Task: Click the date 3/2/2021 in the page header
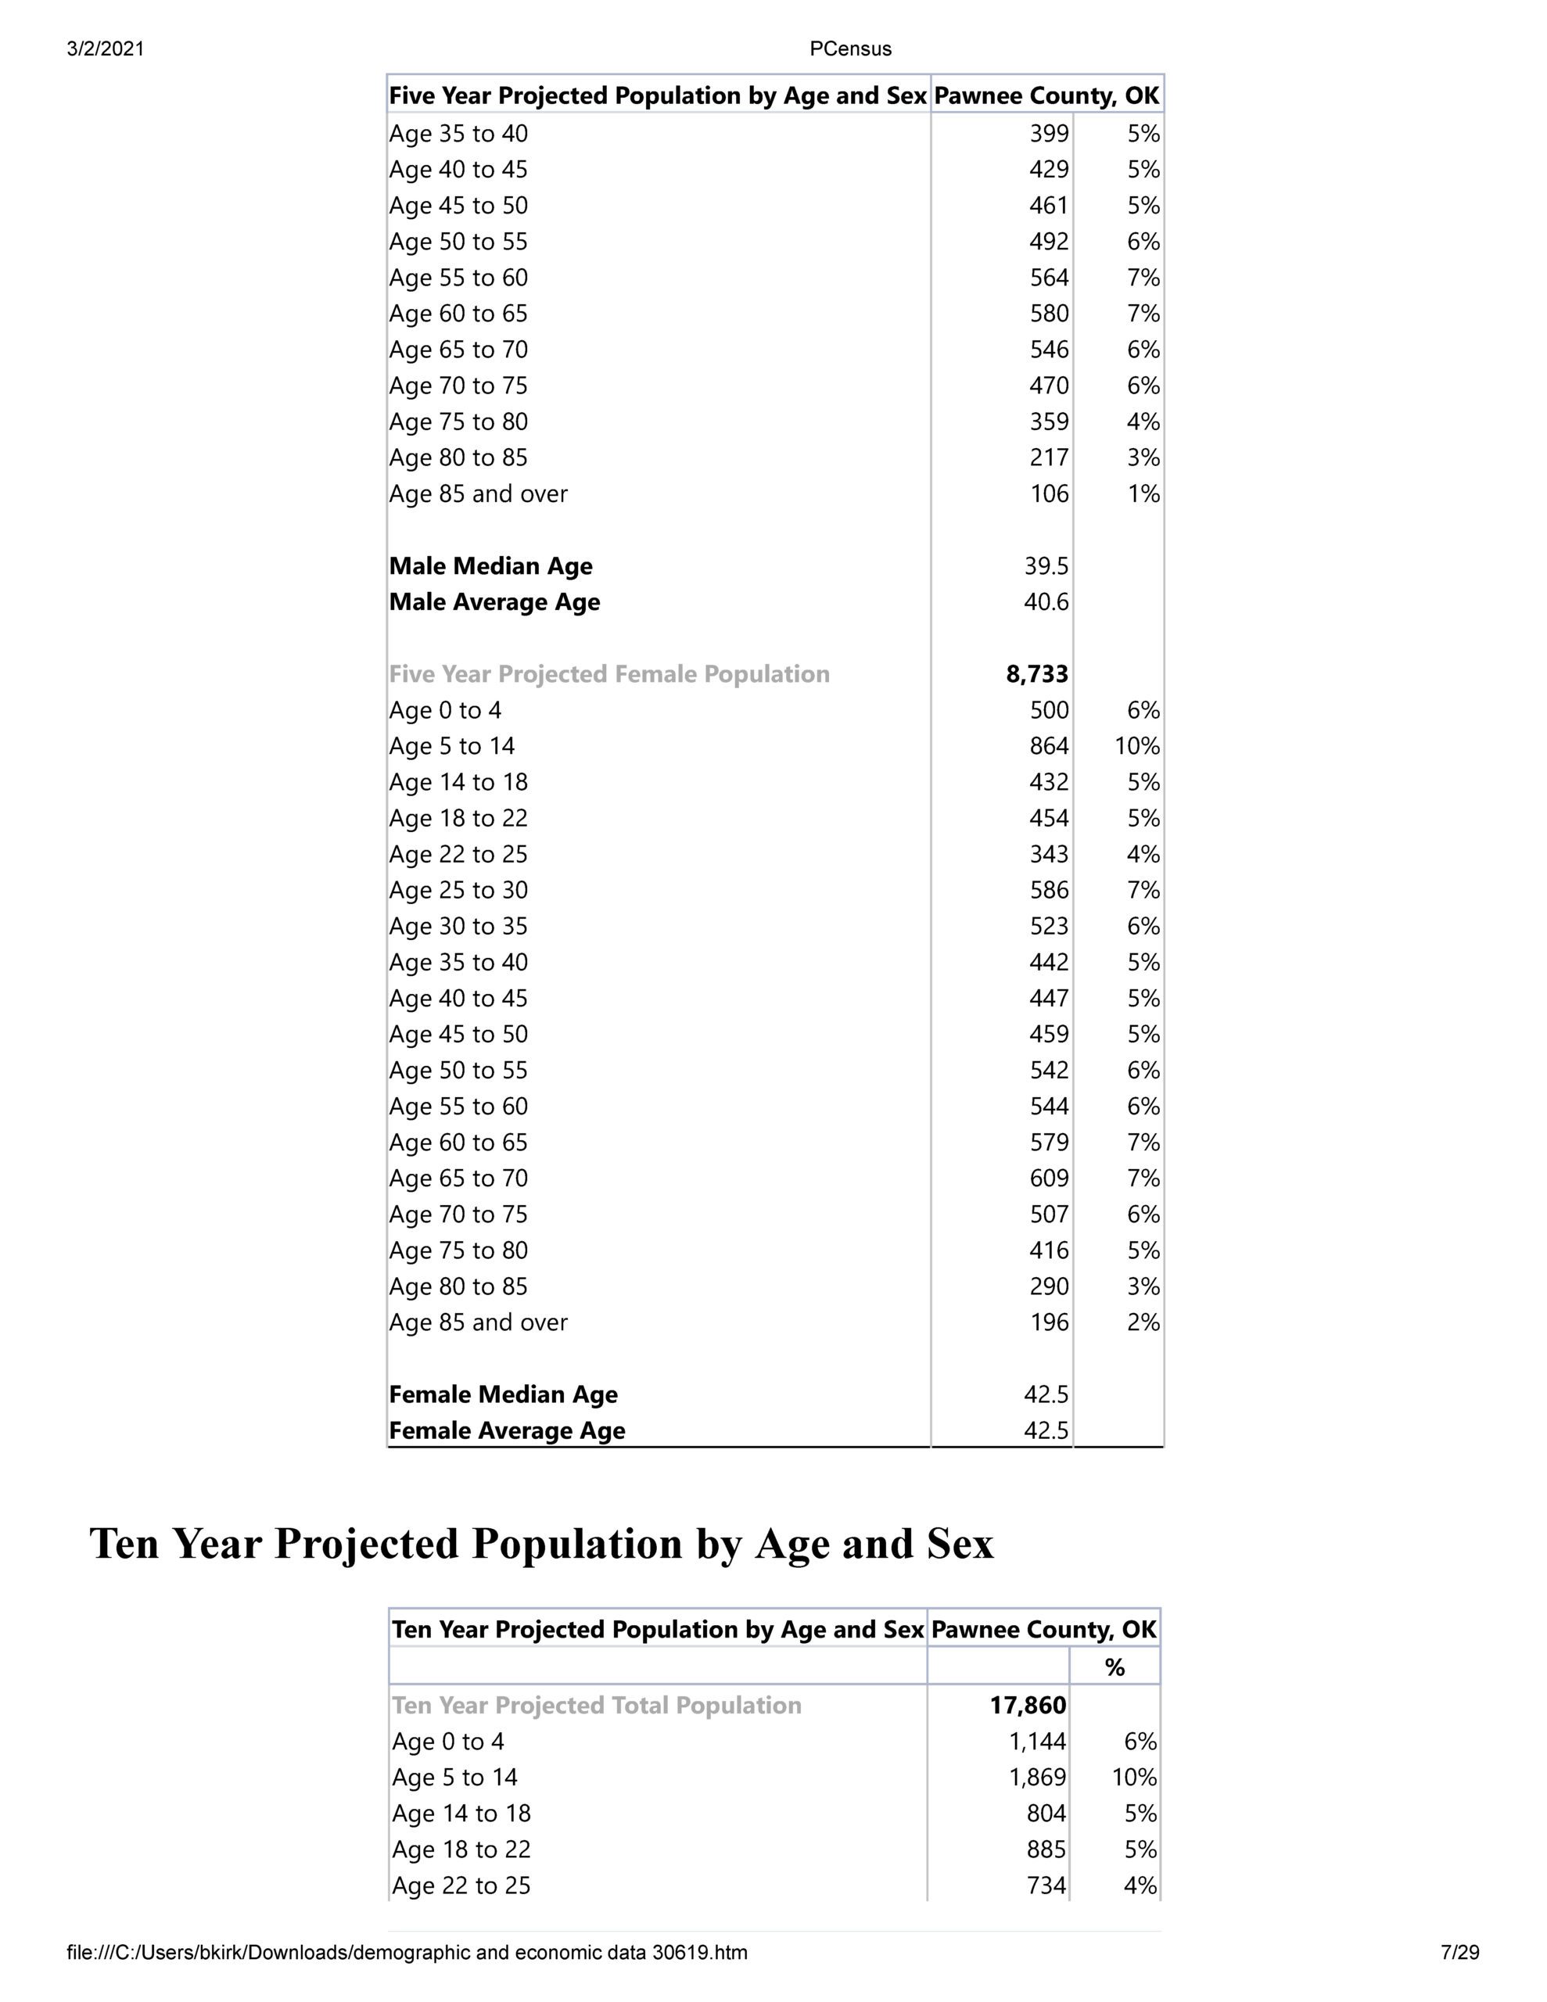(106, 49)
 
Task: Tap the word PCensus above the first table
(850, 49)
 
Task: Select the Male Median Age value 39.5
(1046, 566)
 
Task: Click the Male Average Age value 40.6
(1046, 602)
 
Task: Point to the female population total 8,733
(1037, 675)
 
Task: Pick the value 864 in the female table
(1049, 746)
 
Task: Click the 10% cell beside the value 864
(1137, 746)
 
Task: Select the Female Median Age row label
(504, 1394)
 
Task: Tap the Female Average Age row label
(507, 1431)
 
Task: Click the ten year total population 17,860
(1028, 1705)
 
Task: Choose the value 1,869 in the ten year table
(1037, 1778)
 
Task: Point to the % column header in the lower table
(1114, 1667)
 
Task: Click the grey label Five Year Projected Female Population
(609, 675)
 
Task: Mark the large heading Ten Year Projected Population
(541, 1544)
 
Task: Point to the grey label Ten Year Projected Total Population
(597, 1705)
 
